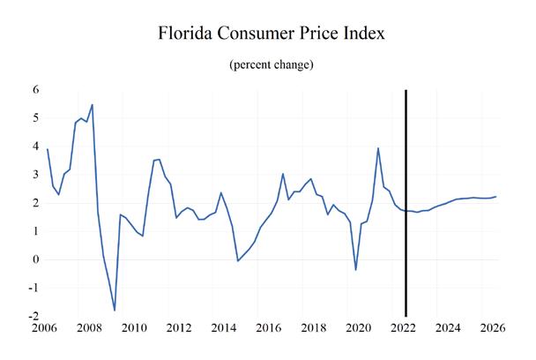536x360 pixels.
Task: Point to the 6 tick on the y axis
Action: point(36,89)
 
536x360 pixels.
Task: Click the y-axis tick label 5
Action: point(36,117)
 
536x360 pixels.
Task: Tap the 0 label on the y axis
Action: point(36,259)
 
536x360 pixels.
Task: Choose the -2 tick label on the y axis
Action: point(33,316)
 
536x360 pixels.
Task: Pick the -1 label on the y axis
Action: point(33,288)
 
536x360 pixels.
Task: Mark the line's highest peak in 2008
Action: point(93,105)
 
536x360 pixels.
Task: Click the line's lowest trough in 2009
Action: point(115,311)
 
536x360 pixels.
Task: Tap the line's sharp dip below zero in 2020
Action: point(355,269)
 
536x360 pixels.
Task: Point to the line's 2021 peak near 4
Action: point(377,148)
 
